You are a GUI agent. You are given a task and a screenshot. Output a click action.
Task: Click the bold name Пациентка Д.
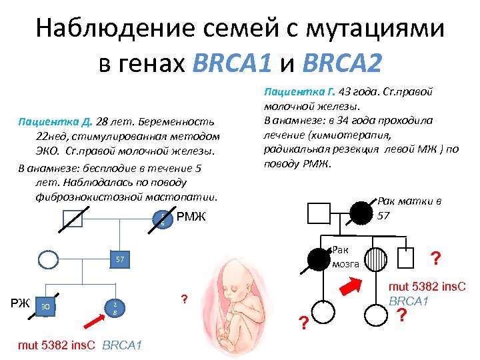tap(55, 123)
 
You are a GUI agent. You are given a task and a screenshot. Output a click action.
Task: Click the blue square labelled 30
tap(45, 306)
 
